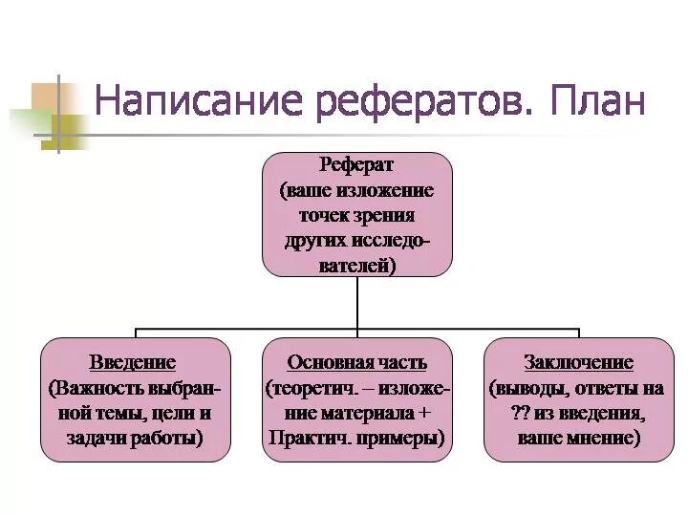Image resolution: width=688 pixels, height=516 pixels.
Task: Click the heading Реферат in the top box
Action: click(357, 164)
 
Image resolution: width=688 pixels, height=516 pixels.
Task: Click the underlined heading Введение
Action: click(133, 363)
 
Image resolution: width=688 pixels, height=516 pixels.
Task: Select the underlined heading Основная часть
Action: click(357, 363)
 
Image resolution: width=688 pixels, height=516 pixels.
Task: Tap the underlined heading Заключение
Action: click(578, 363)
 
